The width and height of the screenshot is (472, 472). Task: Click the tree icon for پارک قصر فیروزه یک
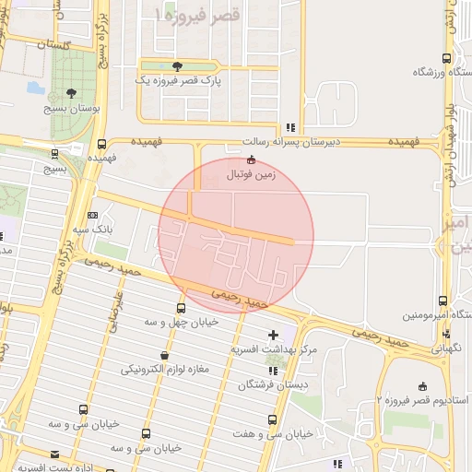177,66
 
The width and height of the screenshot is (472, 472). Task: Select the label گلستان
54,43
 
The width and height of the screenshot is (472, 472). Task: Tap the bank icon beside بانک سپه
91,214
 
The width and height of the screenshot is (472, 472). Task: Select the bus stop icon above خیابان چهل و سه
181,308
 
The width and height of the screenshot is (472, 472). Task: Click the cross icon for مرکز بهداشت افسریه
273,335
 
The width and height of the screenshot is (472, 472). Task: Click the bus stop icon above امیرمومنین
443,301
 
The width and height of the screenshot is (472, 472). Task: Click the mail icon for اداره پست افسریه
55,454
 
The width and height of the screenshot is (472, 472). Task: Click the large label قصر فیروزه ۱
197,16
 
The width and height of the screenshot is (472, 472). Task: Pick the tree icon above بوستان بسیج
72,93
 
